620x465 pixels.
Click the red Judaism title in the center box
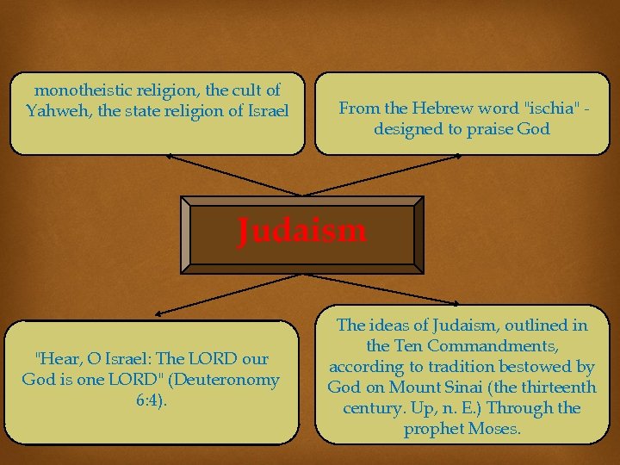click(x=302, y=231)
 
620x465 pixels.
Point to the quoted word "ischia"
click(x=549, y=108)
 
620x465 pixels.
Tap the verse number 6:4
click(x=154, y=400)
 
